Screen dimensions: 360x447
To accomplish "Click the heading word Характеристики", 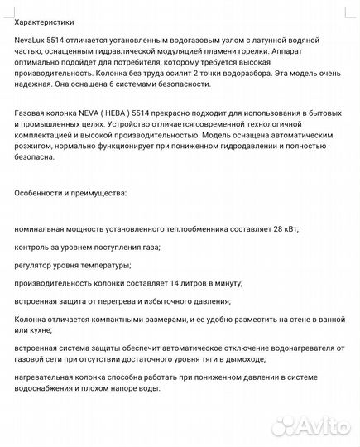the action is tap(48, 15).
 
